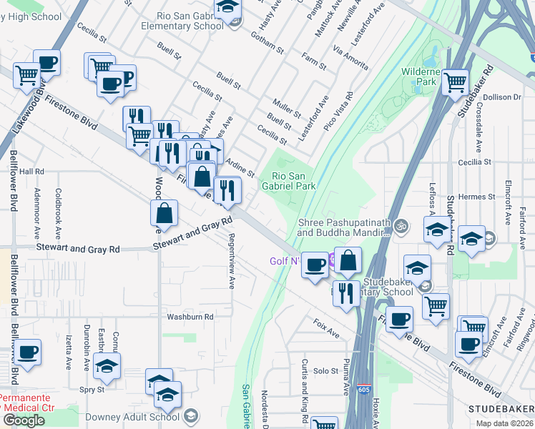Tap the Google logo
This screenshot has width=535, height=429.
click(x=24, y=420)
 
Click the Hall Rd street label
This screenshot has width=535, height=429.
click(x=31, y=172)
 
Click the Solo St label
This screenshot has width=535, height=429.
click(x=325, y=371)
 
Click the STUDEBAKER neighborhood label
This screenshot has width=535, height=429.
click(x=501, y=408)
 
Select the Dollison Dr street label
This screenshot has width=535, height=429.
click(x=506, y=97)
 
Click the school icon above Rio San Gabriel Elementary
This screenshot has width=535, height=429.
click(x=228, y=7)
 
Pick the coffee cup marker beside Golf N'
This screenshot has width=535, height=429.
click(x=314, y=266)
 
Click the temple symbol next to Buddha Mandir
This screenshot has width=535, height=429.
click(x=402, y=227)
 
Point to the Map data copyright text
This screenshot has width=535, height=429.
click(x=505, y=423)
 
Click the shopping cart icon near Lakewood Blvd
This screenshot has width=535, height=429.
click(x=26, y=74)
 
